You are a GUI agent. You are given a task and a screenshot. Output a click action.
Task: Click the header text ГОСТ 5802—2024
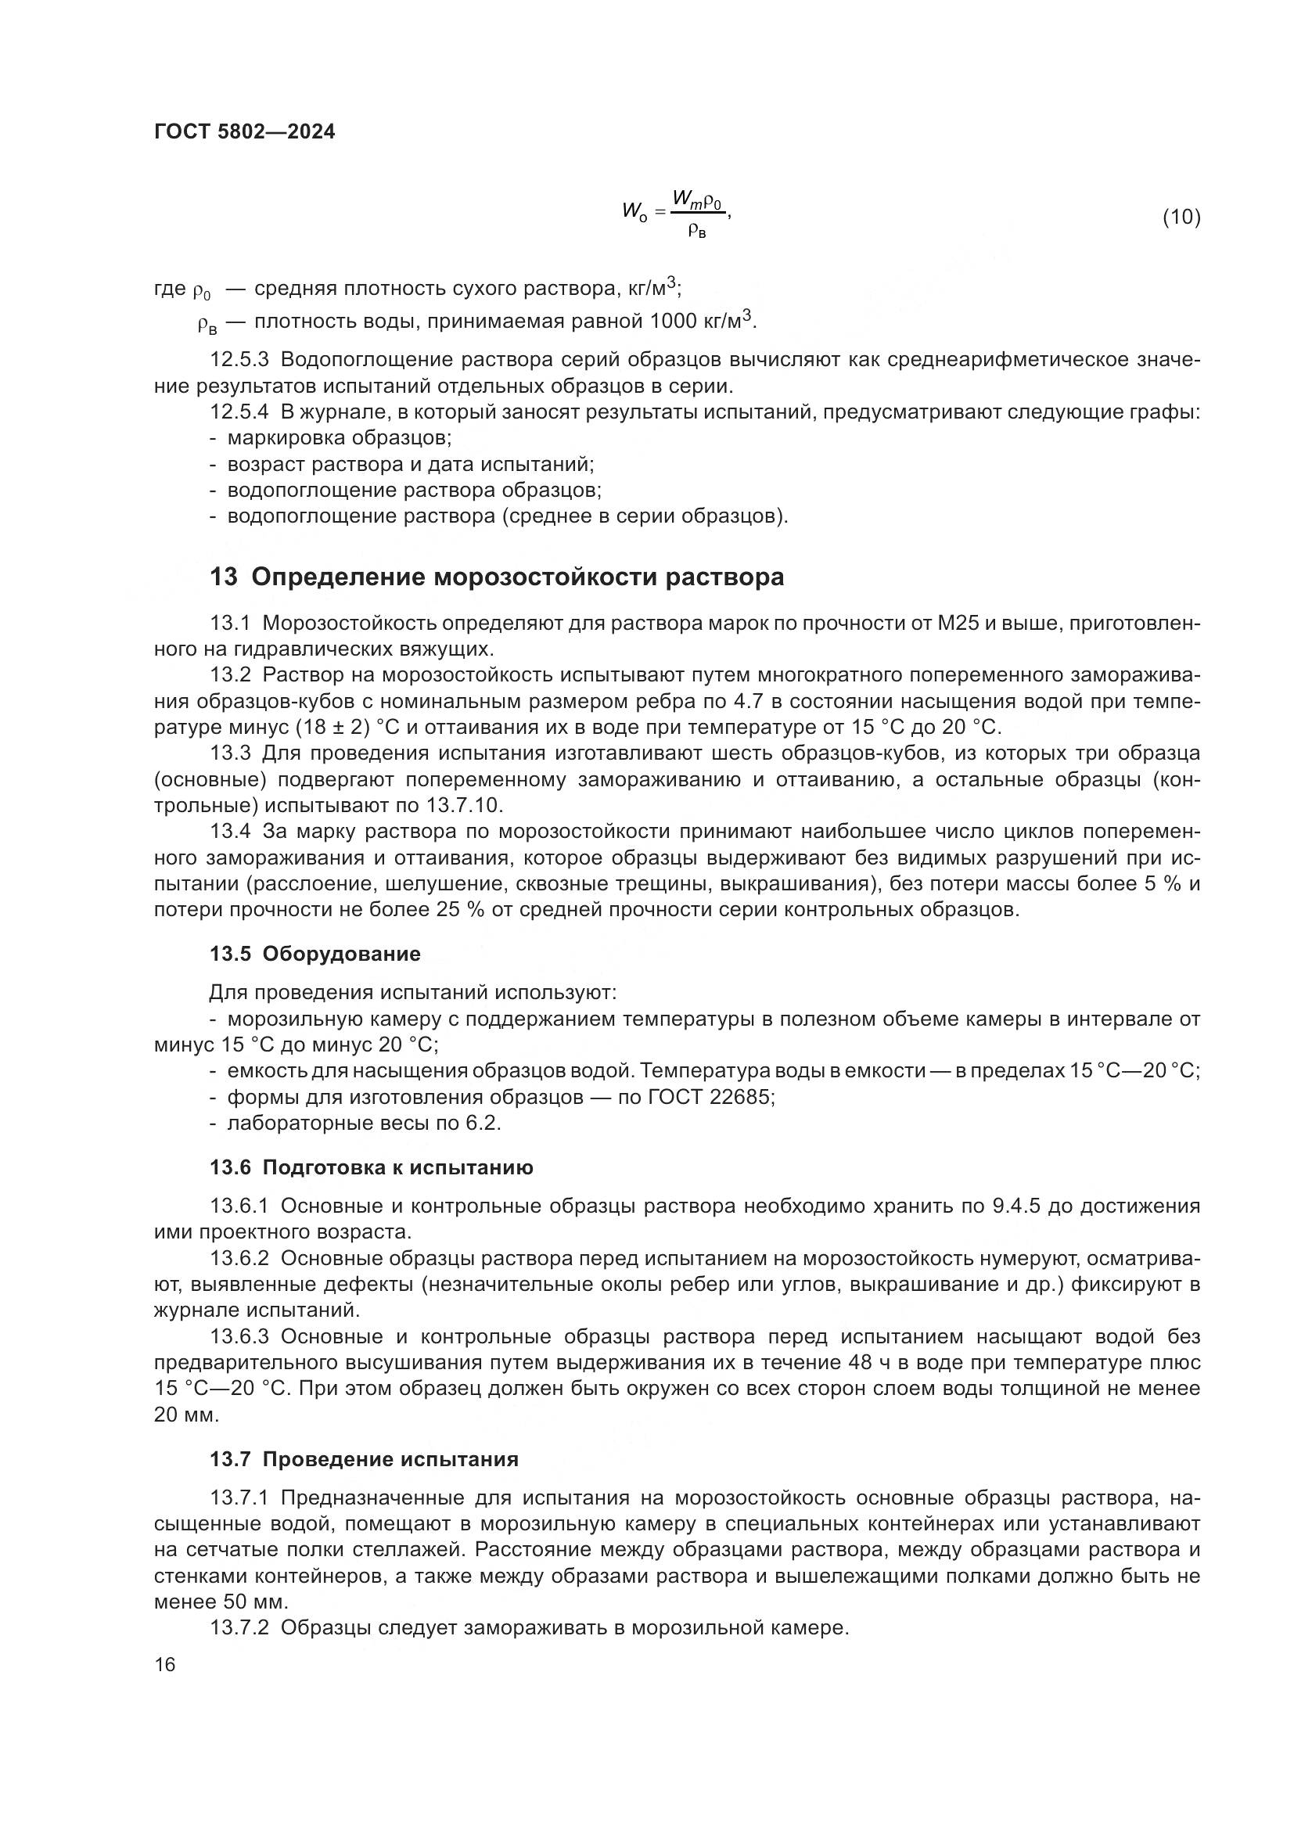point(245,132)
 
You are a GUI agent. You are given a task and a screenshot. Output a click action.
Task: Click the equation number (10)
point(1181,217)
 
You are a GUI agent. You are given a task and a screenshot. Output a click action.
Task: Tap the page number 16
point(164,1664)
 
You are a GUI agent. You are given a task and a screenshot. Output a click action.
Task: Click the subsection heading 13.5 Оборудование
point(315,954)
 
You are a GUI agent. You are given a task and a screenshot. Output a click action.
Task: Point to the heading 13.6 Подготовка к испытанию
point(372,1167)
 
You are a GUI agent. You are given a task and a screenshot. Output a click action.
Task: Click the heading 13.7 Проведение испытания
point(364,1459)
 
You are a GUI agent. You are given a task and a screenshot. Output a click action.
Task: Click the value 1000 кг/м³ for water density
point(700,322)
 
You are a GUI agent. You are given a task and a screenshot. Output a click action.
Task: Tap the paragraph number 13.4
point(230,832)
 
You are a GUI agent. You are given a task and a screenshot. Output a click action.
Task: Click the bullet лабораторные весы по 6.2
point(363,1123)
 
